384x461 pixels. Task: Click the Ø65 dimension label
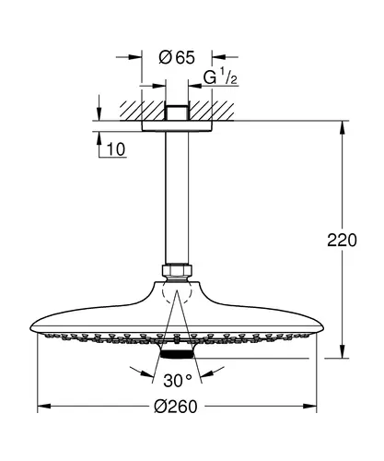[x=177, y=57]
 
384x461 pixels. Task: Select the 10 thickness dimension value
[x=116, y=149]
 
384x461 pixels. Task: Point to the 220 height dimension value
[x=342, y=240]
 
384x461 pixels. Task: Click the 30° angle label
[x=178, y=381]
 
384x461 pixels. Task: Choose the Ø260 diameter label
[x=176, y=407]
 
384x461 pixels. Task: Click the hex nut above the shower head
[x=177, y=271]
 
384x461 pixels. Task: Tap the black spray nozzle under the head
[x=177, y=355]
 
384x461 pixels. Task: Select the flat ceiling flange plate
[x=177, y=126]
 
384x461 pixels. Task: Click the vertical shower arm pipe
[x=177, y=198]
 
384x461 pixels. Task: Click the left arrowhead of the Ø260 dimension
[x=44, y=407]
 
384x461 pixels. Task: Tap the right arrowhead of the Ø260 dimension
[x=309, y=407]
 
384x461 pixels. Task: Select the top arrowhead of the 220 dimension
[x=342, y=128]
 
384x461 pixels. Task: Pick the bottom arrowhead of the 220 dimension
[x=342, y=351]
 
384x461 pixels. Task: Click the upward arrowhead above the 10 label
[x=99, y=138]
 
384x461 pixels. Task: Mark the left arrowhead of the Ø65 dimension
[x=135, y=57]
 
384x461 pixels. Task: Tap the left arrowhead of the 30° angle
[x=146, y=373]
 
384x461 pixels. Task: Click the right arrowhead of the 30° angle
[x=207, y=373]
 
